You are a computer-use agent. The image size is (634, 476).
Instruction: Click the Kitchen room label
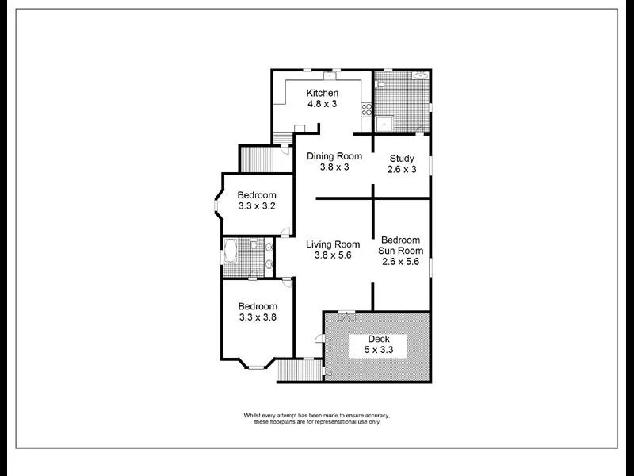(x=323, y=94)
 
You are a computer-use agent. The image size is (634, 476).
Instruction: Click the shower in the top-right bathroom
(x=384, y=124)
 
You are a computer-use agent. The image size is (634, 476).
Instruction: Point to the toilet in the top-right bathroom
(x=381, y=83)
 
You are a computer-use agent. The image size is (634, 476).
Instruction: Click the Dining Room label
(x=334, y=156)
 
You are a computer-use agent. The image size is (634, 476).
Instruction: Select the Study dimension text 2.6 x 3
(x=402, y=169)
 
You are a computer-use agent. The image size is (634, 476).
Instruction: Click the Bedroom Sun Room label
(x=401, y=251)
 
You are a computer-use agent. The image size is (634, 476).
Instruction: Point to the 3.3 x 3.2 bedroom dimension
(x=257, y=206)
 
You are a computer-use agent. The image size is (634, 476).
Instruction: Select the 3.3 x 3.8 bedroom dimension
(x=257, y=317)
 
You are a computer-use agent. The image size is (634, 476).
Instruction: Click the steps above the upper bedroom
(x=255, y=159)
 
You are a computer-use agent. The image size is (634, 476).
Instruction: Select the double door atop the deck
(x=346, y=315)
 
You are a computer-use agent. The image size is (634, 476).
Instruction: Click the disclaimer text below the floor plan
(x=317, y=419)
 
